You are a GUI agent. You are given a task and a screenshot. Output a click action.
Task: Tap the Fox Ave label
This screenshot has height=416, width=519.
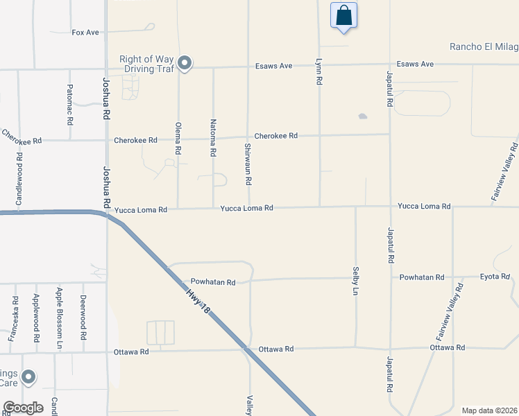click(x=85, y=33)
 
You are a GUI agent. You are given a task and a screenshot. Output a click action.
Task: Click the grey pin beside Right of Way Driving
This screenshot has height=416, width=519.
click(x=185, y=64)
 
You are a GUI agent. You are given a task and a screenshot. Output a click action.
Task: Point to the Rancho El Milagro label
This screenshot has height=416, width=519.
click(x=484, y=47)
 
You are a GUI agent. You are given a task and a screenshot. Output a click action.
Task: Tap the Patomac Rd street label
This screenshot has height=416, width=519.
click(x=70, y=104)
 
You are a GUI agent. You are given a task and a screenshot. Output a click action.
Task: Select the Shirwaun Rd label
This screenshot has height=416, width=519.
click(x=248, y=164)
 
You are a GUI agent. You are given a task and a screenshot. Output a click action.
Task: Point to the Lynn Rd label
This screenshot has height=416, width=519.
click(x=319, y=71)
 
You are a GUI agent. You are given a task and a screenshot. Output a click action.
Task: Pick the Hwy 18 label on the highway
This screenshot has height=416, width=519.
click(x=198, y=304)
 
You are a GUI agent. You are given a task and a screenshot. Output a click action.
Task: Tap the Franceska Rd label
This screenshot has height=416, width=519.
click(x=15, y=320)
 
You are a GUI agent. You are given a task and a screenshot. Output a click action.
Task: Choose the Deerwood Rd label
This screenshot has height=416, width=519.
click(x=83, y=316)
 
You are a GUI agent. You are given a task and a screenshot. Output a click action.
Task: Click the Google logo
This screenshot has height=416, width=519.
click(x=24, y=407)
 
